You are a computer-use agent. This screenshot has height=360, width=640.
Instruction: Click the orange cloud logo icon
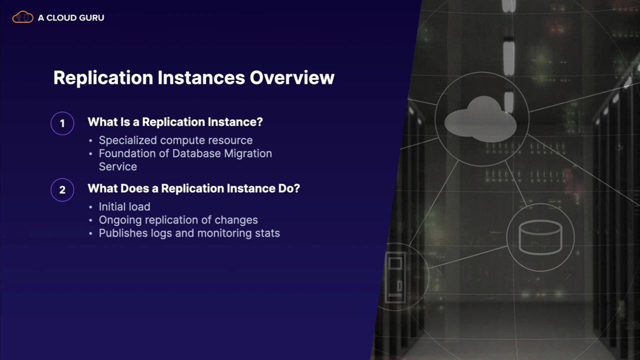[x=23, y=17]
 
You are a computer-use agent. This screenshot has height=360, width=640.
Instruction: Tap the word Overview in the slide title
[x=292, y=77]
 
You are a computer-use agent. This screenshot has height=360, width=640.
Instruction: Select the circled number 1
[x=62, y=123]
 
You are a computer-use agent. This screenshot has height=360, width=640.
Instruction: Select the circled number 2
[x=62, y=190]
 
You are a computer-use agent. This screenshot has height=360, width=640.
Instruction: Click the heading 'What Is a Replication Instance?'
[x=175, y=122]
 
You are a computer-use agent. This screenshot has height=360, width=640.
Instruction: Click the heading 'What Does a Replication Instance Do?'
[x=193, y=188]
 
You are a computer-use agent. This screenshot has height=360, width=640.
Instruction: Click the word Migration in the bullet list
[x=248, y=153]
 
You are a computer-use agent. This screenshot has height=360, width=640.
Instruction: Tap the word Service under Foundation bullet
[x=118, y=166]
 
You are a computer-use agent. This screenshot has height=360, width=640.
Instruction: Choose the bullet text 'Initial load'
[x=124, y=206]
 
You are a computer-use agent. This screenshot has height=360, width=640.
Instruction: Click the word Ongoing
[x=120, y=220]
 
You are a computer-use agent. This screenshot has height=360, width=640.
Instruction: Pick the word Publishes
[x=123, y=233]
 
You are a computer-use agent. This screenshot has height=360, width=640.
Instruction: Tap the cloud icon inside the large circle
[x=480, y=119]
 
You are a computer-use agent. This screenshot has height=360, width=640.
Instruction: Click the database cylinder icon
[x=540, y=237]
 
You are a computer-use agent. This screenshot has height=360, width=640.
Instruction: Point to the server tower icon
[x=395, y=277]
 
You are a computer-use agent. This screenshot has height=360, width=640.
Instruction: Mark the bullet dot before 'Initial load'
[x=90, y=207]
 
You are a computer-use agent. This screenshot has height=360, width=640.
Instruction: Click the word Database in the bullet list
[x=196, y=153]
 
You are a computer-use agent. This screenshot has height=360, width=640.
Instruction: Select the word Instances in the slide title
[x=201, y=77]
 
